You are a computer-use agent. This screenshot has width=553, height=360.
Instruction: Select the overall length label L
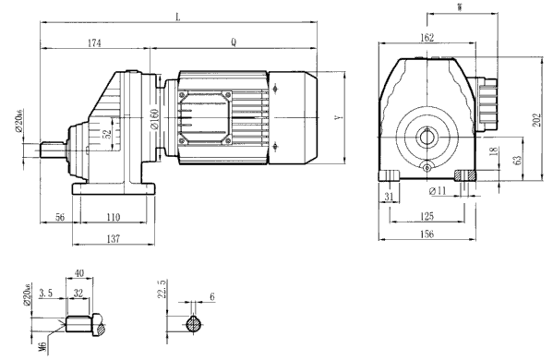tap(176, 16)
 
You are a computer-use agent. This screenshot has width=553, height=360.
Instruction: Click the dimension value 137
tap(112, 239)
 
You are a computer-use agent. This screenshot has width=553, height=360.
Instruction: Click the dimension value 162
tap(426, 39)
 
